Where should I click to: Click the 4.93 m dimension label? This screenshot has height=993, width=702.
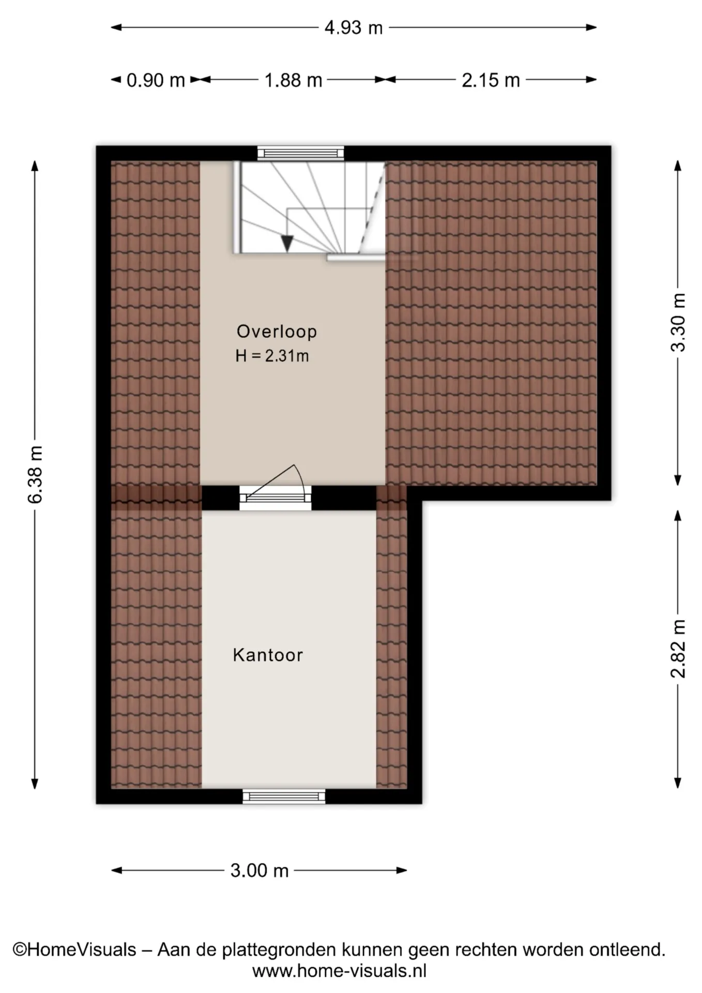(354, 27)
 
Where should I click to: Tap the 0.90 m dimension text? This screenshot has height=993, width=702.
(156, 80)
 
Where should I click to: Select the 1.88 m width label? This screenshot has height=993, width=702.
(293, 80)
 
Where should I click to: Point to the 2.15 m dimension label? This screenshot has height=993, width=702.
(491, 80)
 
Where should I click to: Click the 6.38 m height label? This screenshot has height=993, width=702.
(35, 474)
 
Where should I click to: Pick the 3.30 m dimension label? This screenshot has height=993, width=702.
(678, 322)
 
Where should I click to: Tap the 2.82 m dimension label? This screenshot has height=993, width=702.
(678, 649)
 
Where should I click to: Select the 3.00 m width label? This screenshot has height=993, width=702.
(259, 870)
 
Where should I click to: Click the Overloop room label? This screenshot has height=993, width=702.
(277, 332)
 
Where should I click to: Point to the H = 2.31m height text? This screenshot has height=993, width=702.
(272, 356)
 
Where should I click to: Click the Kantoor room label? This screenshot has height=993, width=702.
(268, 655)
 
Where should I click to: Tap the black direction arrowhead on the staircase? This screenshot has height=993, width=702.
(287, 243)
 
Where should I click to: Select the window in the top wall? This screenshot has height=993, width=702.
(301, 153)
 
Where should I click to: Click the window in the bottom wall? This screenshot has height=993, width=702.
(284, 796)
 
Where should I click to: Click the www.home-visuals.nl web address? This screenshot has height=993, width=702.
(340, 971)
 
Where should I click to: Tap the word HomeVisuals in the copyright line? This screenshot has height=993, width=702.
(81, 950)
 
